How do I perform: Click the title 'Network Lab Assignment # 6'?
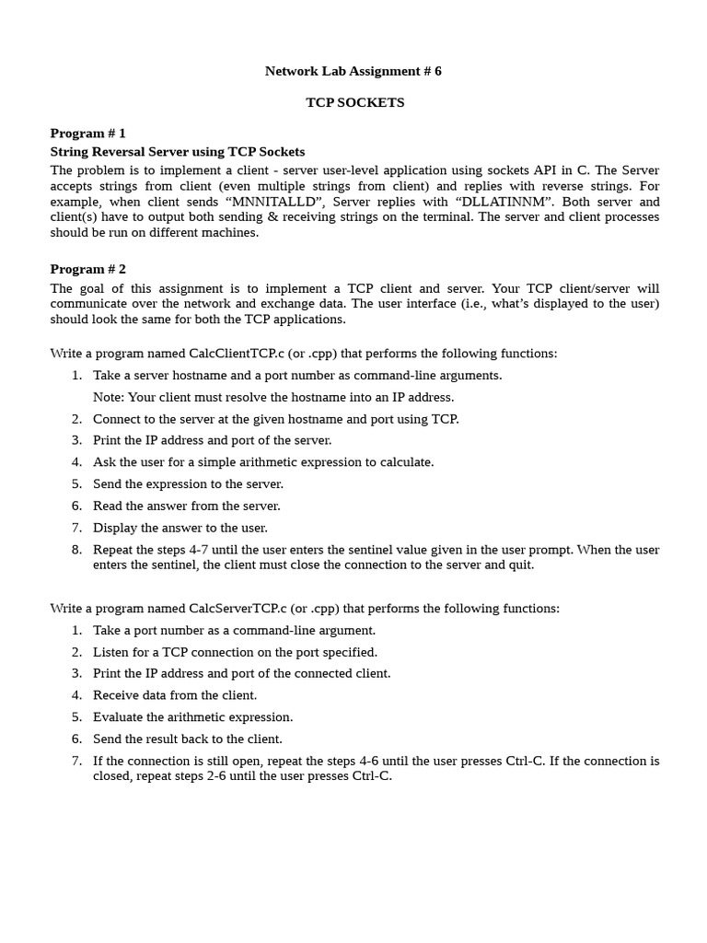pos(353,71)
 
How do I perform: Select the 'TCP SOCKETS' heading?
pos(354,102)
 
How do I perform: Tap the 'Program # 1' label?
pos(87,133)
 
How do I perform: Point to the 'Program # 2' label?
pos(87,269)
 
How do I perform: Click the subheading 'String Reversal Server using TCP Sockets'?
pos(177,151)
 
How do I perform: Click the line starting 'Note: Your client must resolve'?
pos(273,397)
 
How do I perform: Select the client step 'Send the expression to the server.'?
pos(188,483)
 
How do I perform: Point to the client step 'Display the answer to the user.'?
pos(180,528)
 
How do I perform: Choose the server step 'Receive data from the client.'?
pos(175,695)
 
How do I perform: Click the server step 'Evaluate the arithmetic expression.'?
pos(192,716)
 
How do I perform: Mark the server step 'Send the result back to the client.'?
pos(188,739)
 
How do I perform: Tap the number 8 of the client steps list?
pos(76,550)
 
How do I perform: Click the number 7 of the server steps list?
pos(76,761)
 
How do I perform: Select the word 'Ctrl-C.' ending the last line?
pos(372,775)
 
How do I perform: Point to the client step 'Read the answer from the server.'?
pos(187,506)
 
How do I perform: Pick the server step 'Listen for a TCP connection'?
pos(235,652)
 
